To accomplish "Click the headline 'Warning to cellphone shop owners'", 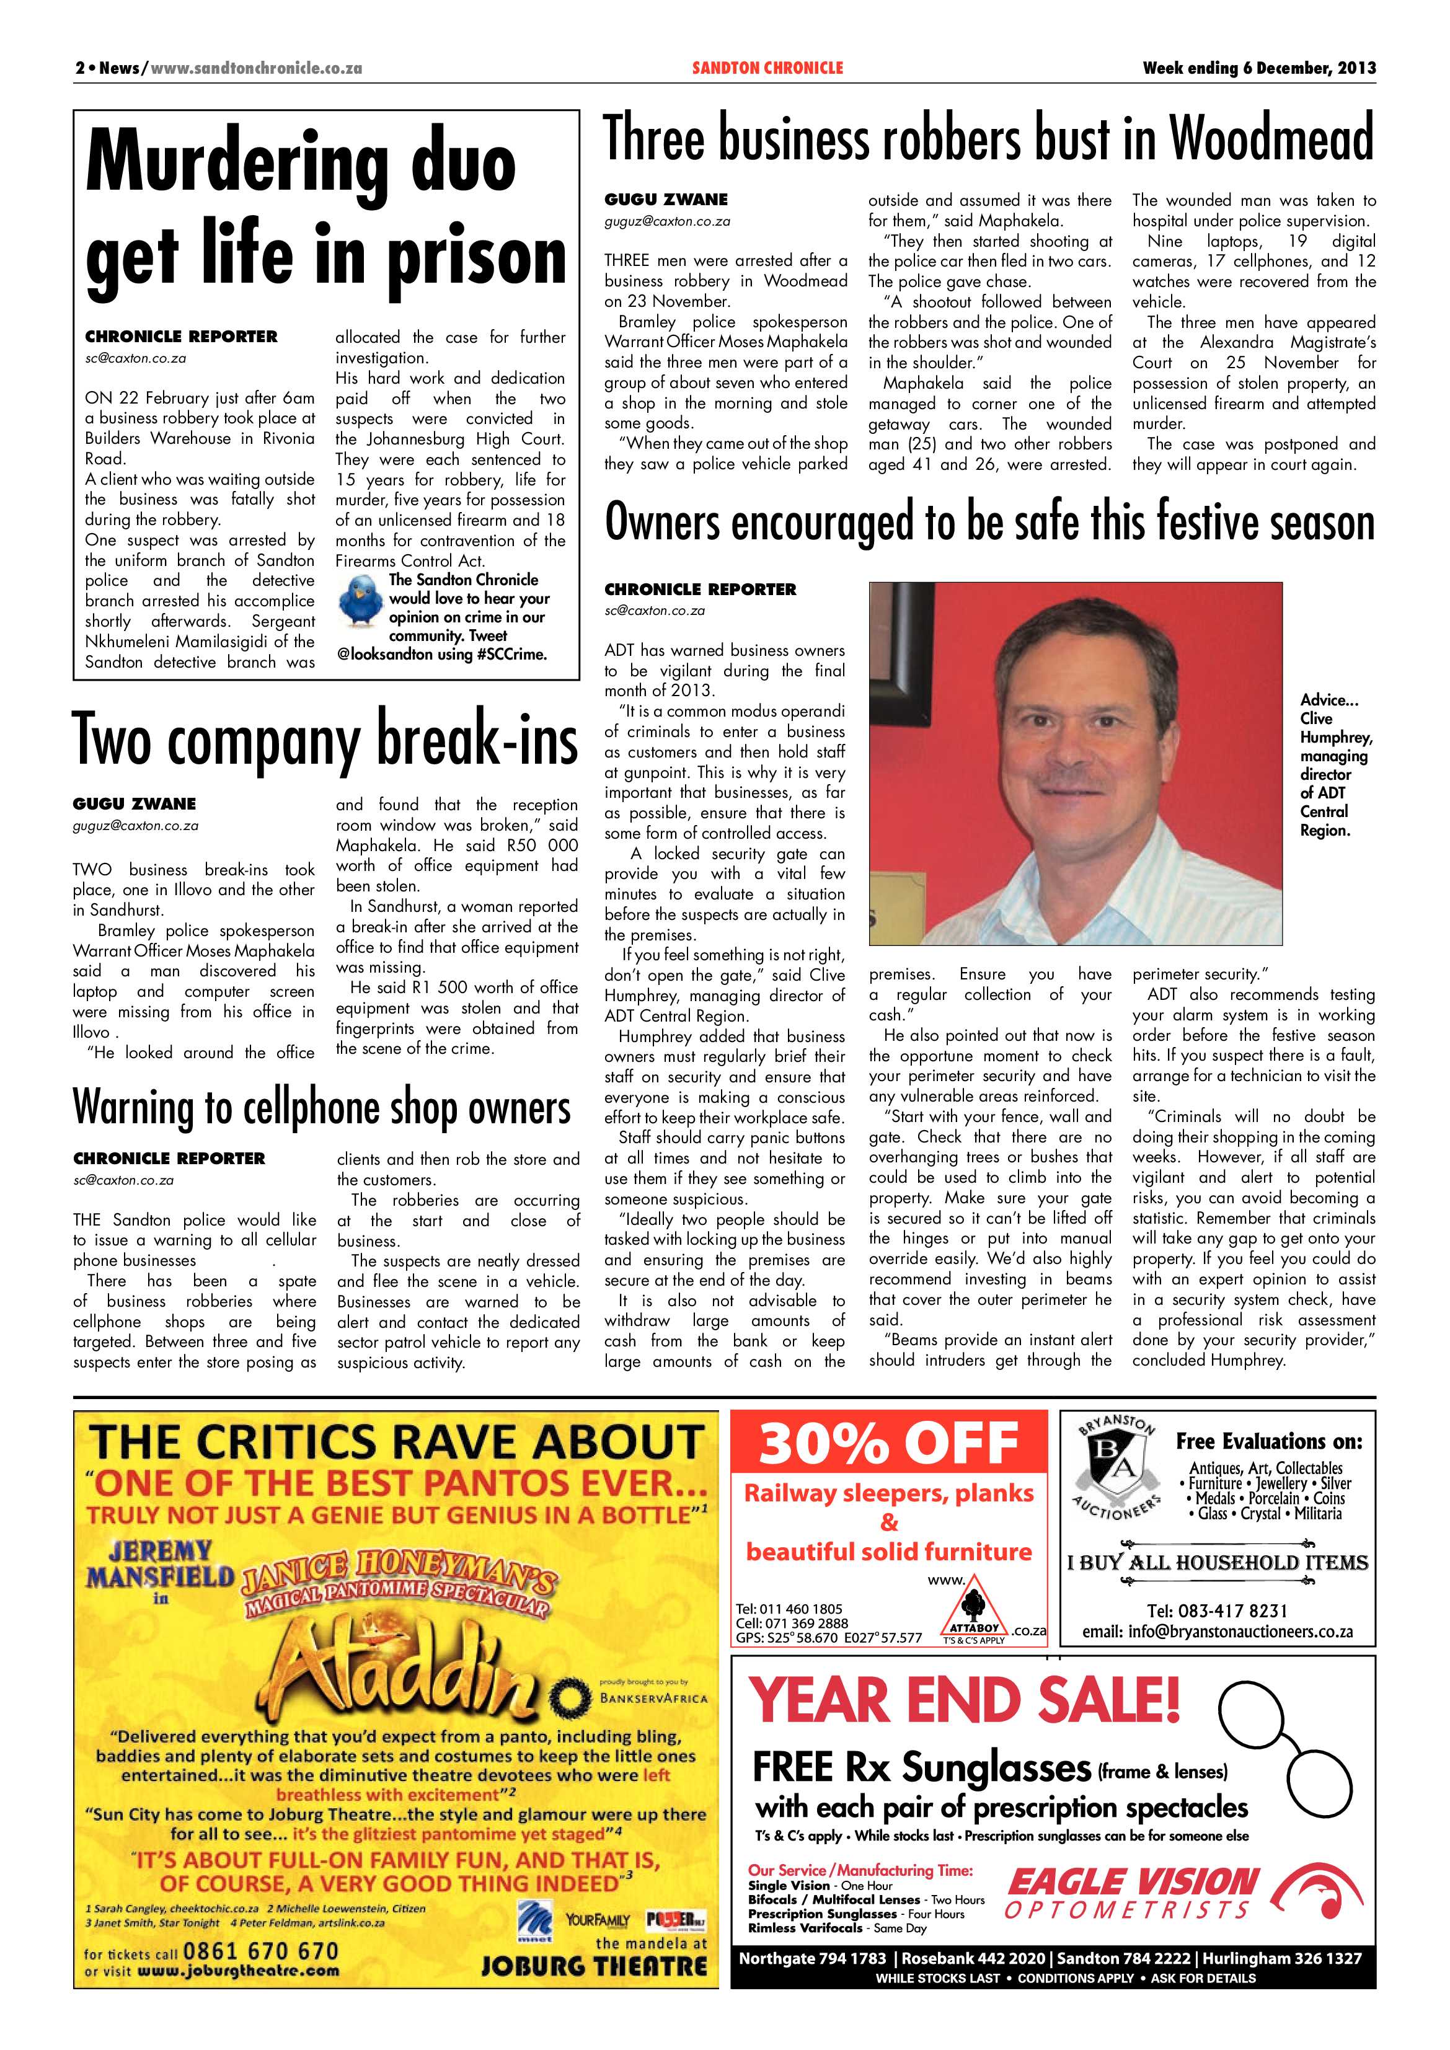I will [321, 1107].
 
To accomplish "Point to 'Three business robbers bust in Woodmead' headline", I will [988, 140].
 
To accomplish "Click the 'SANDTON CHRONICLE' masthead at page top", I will [767, 68].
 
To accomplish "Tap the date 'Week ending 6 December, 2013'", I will [1259, 68].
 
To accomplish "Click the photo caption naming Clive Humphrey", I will [1334, 764].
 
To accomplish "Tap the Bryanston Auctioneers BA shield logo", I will [1115, 1464].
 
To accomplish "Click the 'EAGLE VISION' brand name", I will [1132, 1884].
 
